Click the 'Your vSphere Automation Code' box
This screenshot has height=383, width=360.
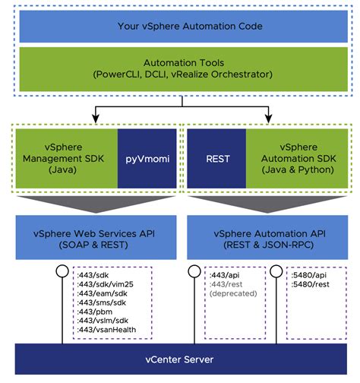coord(180,26)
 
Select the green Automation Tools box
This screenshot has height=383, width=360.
coord(180,69)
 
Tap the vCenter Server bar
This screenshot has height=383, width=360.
coord(180,358)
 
